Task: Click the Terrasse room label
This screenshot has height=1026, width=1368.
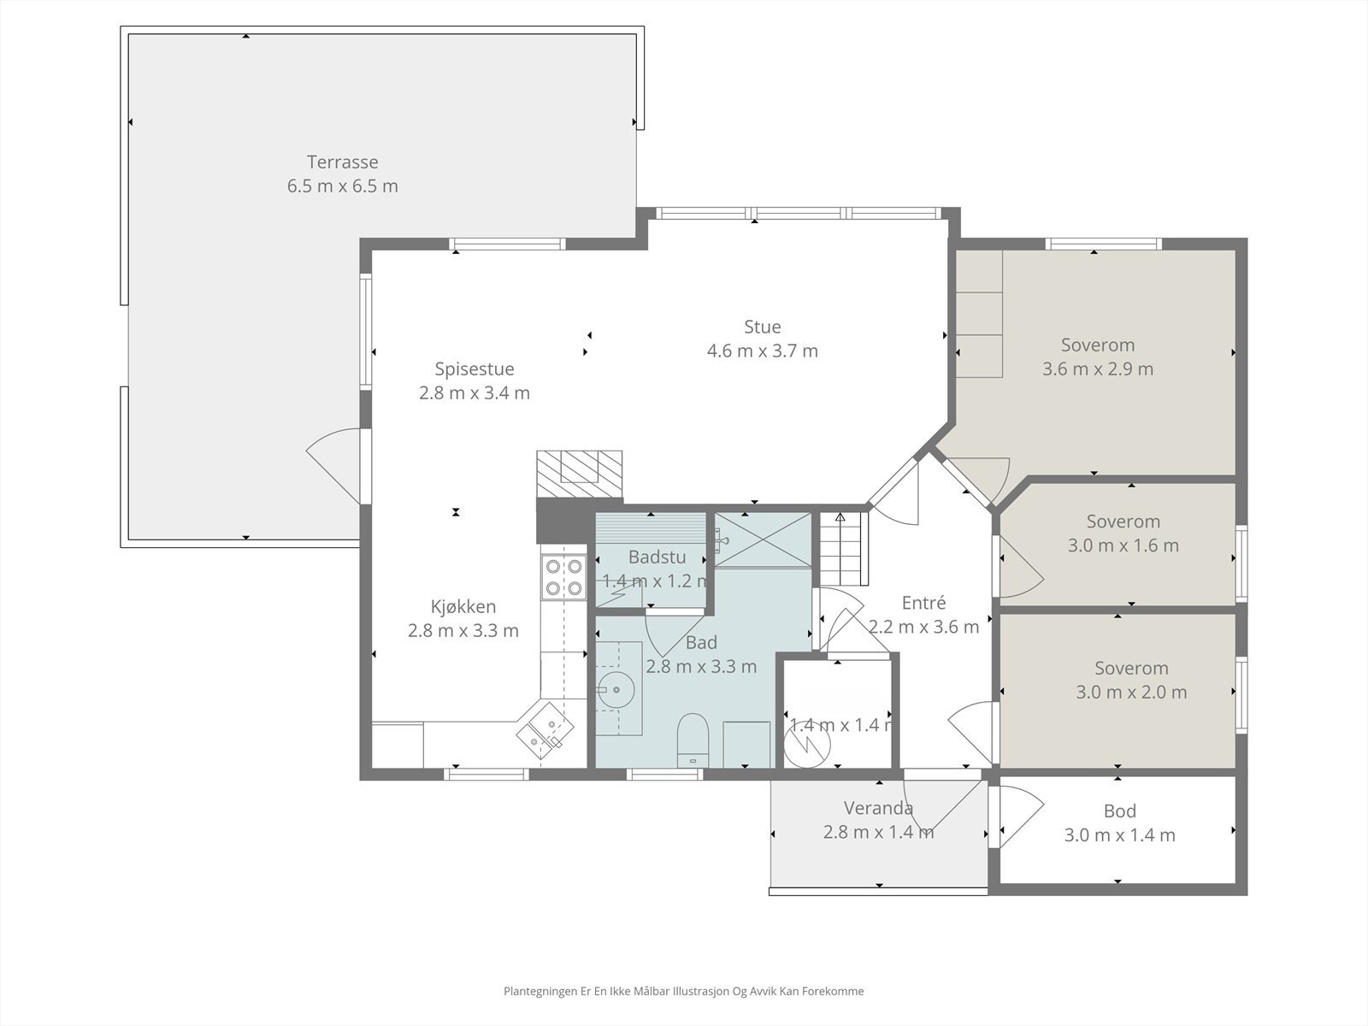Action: (342, 162)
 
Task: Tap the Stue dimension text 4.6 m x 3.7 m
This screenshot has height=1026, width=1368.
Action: (762, 351)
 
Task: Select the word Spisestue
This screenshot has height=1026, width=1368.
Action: (475, 369)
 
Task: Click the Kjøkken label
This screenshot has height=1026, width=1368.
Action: (463, 606)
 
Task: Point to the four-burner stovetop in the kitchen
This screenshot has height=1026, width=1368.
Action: (563, 577)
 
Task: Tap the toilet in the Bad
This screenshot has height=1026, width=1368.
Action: (693, 740)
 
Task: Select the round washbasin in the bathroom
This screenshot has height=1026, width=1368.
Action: (616, 690)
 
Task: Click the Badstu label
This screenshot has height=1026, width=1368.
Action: (657, 557)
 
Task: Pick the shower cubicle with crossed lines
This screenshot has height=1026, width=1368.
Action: (763, 540)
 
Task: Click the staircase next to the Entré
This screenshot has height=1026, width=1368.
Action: (843, 548)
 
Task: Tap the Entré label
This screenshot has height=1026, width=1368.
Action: (923, 603)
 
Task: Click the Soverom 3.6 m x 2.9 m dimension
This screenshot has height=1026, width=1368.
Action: (1098, 369)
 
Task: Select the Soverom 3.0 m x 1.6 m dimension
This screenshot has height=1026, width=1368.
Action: (1123, 545)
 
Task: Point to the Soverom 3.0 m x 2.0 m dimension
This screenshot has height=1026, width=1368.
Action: (1131, 692)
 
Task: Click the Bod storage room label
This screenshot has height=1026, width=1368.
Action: (1119, 811)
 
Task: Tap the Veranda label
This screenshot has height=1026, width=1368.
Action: (878, 808)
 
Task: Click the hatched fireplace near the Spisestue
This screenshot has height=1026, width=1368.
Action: (579, 474)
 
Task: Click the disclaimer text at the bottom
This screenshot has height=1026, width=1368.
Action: (684, 991)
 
